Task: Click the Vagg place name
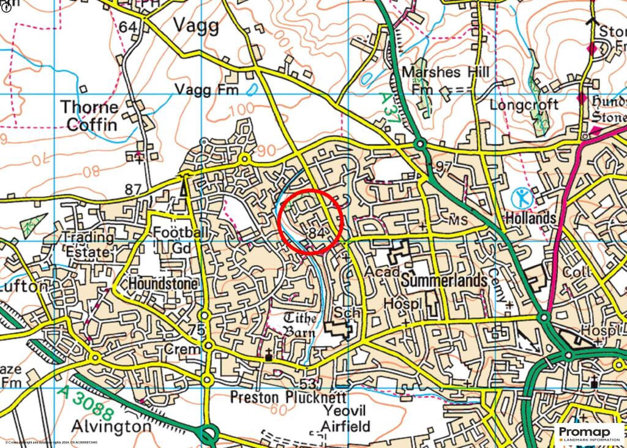(197, 26)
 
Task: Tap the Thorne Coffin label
(89, 116)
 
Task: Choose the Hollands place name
(530, 218)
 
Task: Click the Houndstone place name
(162, 285)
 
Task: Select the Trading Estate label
(88, 244)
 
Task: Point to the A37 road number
(389, 109)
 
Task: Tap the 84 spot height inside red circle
(317, 233)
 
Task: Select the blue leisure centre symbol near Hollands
(521, 198)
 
